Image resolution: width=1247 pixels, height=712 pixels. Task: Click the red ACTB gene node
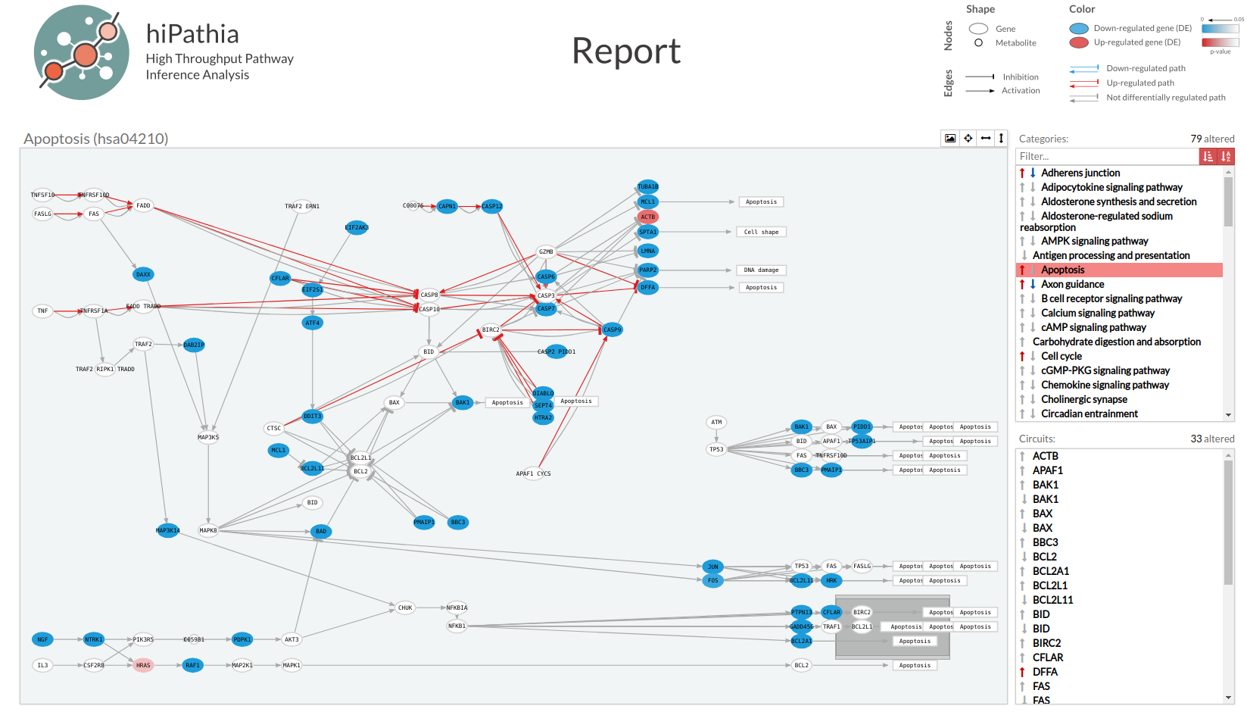[647, 217]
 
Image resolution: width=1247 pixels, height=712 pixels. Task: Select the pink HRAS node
[143, 665]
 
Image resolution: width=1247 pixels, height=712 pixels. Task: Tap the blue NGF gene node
[42, 639]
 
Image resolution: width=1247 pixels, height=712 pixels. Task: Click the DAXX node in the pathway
[143, 274]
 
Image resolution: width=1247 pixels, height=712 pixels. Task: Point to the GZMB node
[546, 251]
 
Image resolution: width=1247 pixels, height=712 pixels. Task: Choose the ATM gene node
[716, 422]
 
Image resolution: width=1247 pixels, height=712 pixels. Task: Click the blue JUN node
[712, 567]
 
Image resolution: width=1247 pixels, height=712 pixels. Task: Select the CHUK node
[405, 607]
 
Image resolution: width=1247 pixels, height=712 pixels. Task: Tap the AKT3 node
[291, 639]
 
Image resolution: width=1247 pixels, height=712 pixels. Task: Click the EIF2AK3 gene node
[357, 227]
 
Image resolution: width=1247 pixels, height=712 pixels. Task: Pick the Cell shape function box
[761, 232]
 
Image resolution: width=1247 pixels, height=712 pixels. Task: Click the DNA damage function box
[761, 270]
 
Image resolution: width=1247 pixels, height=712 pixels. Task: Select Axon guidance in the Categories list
[1072, 284]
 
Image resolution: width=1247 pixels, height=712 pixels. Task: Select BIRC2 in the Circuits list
[1046, 643]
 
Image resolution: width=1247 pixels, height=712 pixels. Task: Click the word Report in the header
[626, 52]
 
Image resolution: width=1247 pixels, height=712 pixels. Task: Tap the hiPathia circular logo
[81, 52]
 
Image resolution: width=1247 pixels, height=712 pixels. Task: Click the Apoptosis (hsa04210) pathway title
[96, 139]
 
